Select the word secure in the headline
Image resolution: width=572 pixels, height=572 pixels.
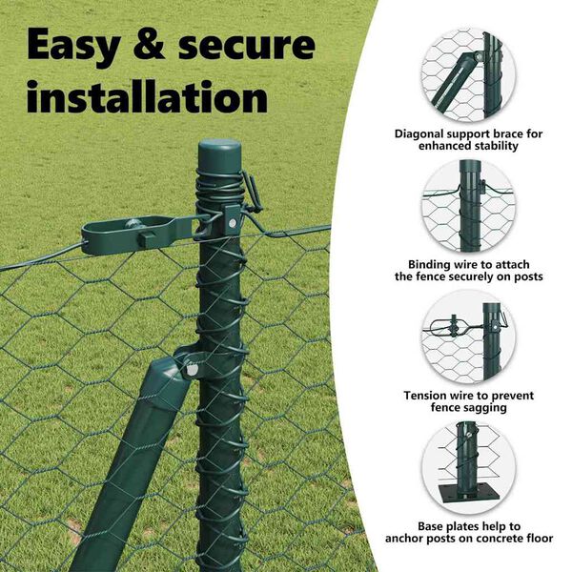pos(247,46)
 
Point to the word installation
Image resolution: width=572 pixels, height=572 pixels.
pos(148,96)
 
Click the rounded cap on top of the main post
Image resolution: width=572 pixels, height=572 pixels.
pos(220,153)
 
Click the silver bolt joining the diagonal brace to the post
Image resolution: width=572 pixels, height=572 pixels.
pos(192,370)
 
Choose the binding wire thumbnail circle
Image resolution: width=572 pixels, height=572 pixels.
pos(468,205)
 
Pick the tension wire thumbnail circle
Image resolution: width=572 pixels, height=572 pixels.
pos(468,337)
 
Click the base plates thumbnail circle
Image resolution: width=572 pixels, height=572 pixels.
pos(468,468)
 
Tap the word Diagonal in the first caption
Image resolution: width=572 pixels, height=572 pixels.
pos(419,134)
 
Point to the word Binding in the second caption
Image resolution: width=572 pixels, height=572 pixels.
pos(431,264)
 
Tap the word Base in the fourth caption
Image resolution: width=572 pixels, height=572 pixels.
pos(430,526)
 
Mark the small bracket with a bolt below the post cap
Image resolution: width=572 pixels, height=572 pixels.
pos(231,219)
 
